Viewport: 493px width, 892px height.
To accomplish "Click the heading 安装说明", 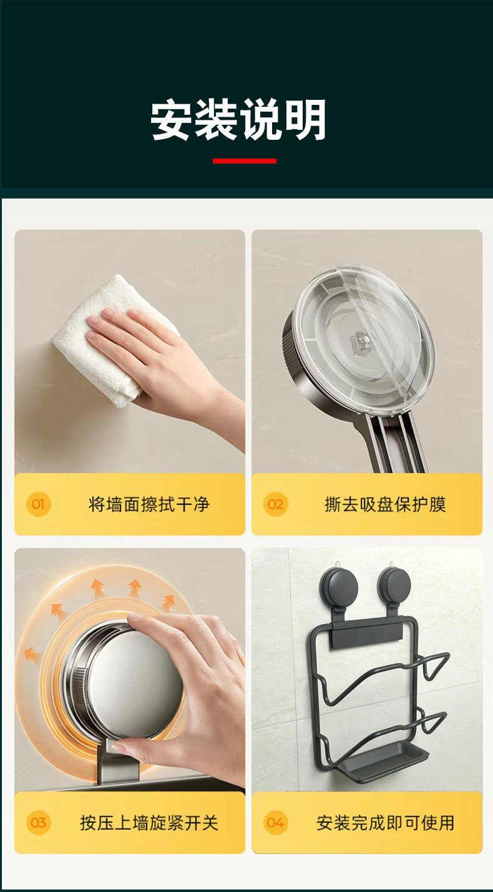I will click(x=239, y=120).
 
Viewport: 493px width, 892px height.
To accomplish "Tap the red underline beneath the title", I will click(x=245, y=161).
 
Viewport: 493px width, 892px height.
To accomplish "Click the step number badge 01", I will click(x=39, y=504).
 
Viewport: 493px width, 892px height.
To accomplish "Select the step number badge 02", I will click(x=275, y=504).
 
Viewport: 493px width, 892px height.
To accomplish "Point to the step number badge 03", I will click(x=39, y=823).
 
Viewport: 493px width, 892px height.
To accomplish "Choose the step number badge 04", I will click(x=275, y=823).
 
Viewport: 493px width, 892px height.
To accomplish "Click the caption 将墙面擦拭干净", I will click(x=149, y=504).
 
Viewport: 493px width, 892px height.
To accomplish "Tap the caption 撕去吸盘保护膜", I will click(x=385, y=504).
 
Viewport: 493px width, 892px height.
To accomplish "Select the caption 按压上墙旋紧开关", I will click(x=149, y=823).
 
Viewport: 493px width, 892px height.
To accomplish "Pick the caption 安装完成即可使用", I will click(x=385, y=823).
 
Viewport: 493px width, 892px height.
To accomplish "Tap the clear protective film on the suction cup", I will click(x=365, y=331).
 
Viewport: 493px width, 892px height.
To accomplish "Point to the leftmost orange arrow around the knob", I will click(x=31, y=655).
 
